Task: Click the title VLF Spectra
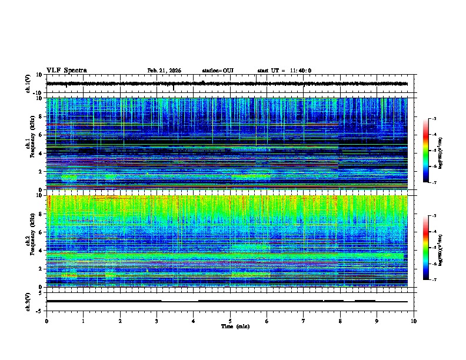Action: (66, 71)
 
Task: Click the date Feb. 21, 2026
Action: (164, 71)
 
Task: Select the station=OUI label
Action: (218, 71)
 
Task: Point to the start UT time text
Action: (284, 71)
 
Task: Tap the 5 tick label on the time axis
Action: (230, 321)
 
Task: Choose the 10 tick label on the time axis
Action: (414, 321)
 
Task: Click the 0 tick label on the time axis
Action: (46, 321)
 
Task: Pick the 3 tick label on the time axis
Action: (157, 321)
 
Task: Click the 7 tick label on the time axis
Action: (304, 321)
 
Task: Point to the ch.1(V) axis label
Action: (28, 84)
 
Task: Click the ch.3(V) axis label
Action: (28, 301)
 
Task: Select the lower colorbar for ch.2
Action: (426, 248)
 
